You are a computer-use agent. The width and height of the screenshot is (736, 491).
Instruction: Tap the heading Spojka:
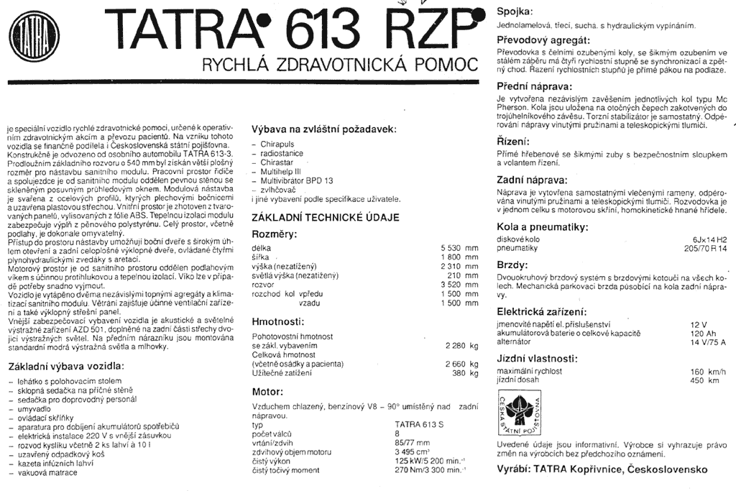[515, 12]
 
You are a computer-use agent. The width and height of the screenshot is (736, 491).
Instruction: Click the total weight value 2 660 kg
[461, 364]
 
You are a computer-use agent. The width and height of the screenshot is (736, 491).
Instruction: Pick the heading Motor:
[267, 393]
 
